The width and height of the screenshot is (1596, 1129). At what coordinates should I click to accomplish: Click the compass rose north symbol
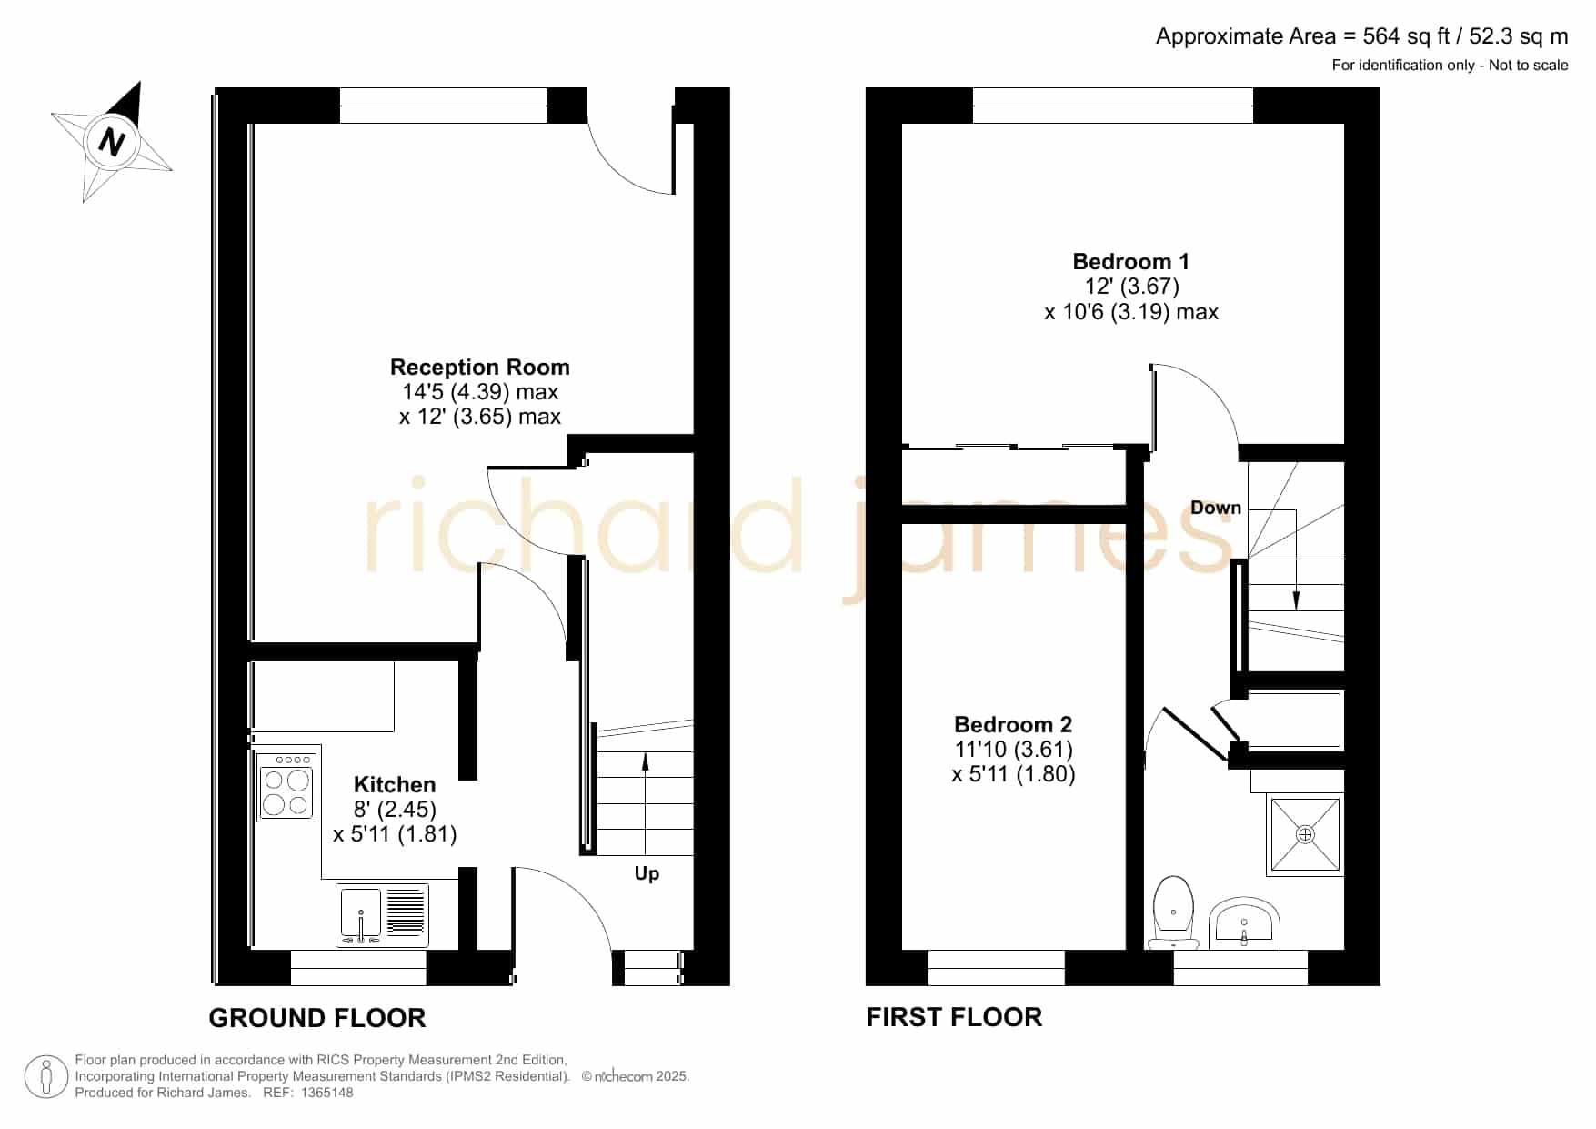(112, 142)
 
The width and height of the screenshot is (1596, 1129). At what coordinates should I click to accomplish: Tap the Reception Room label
(480, 368)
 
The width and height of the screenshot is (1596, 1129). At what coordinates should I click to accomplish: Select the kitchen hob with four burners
(286, 787)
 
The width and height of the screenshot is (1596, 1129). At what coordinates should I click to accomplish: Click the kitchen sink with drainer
(382, 915)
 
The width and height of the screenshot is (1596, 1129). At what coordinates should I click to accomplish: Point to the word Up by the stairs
(647, 874)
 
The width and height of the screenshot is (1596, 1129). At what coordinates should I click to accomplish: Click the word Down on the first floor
(1216, 508)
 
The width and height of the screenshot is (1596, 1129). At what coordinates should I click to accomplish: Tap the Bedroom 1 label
(1130, 262)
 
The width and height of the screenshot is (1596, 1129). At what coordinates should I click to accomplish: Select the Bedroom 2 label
(1013, 725)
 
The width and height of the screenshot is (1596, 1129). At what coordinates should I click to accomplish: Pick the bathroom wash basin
(1244, 922)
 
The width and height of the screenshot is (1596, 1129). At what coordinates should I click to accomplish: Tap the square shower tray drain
(1305, 834)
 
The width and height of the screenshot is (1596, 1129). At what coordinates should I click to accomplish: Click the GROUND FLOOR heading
(317, 1018)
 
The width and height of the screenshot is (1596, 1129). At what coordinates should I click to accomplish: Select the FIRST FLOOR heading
(954, 1017)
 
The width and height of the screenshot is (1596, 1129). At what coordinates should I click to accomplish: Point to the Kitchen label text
(395, 785)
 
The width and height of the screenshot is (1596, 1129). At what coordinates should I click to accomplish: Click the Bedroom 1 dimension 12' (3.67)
(1131, 287)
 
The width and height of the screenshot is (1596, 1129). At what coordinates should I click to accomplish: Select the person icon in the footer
(45, 1077)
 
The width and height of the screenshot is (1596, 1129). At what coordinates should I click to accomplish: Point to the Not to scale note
(1529, 66)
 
